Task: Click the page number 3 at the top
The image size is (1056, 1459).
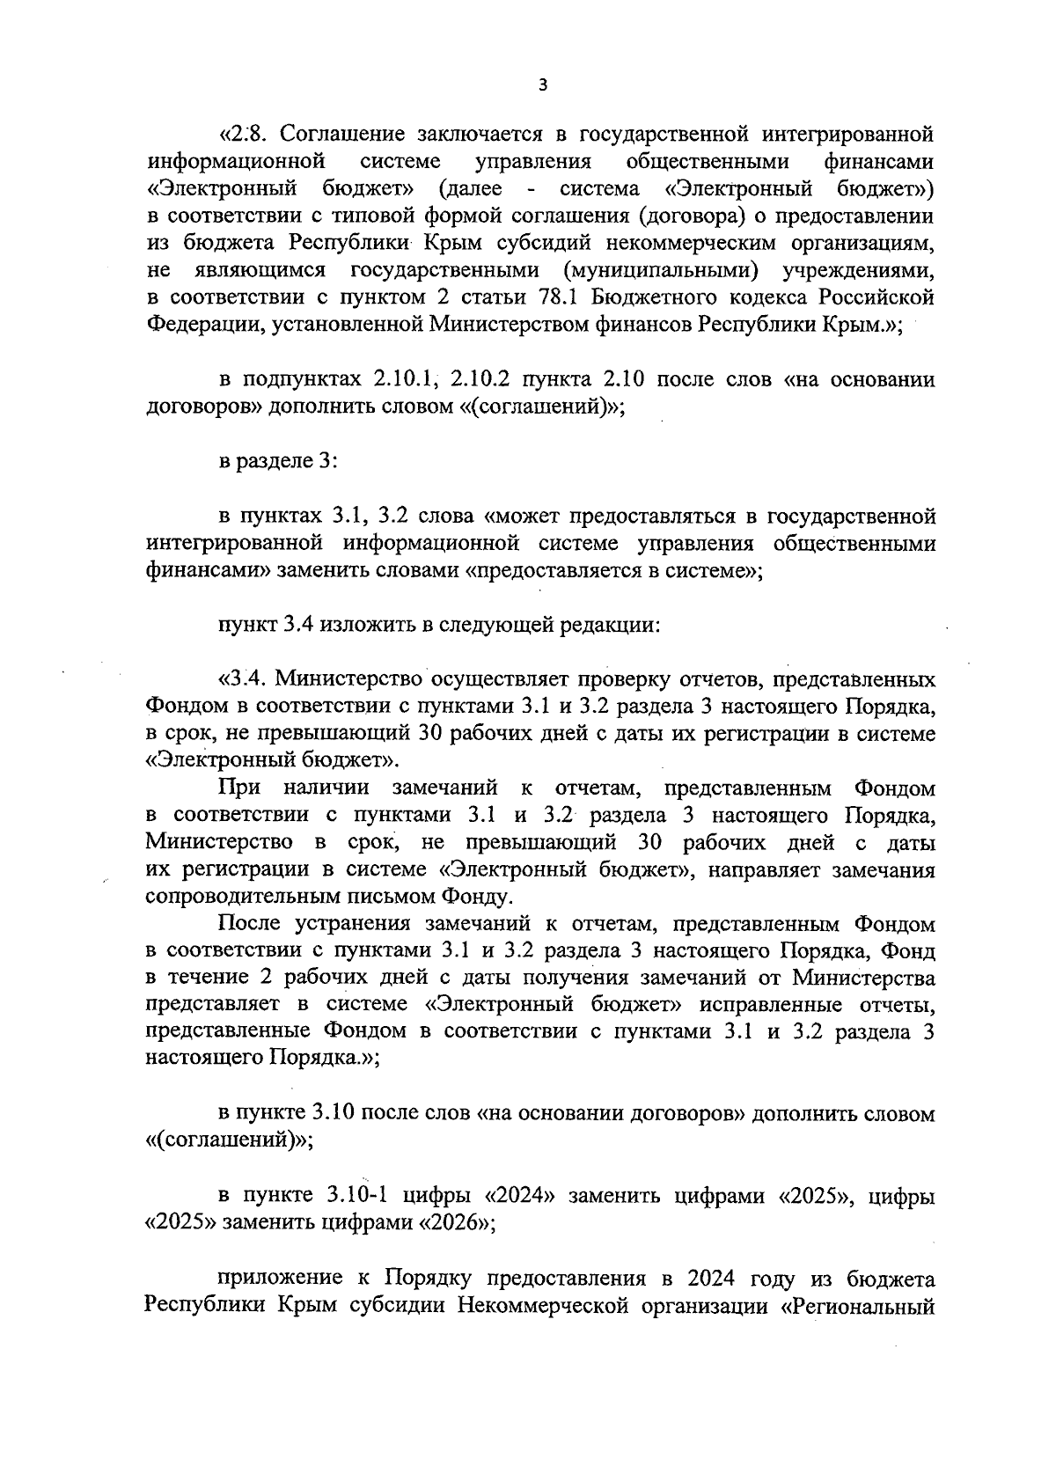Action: (x=542, y=85)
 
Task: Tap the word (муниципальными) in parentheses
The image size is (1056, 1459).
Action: (x=664, y=271)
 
